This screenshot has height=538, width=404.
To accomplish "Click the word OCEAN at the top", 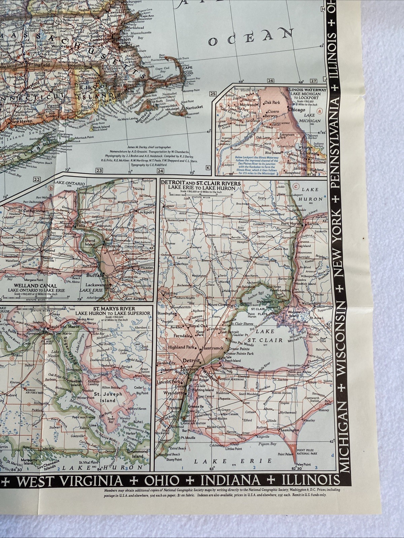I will pyautogui.click(x=250, y=37).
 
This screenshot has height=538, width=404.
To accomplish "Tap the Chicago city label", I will pyautogui.click(x=297, y=109).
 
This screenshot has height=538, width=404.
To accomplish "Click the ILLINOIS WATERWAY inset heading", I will pyautogui.click(x=306, y=90).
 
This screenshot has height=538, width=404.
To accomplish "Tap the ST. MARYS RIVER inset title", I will pyautogui.click(x=115, y=309).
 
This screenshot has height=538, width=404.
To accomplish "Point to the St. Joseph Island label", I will pyautogui.click(x=104, y=397).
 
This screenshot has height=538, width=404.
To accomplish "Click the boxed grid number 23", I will pyautogui.click(x=99, y=170).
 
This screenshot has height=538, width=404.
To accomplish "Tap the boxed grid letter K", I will pyautogui.click(x=208, y=168).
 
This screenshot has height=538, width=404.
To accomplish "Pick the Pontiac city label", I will pyautogui.click(x=170, y=293).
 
